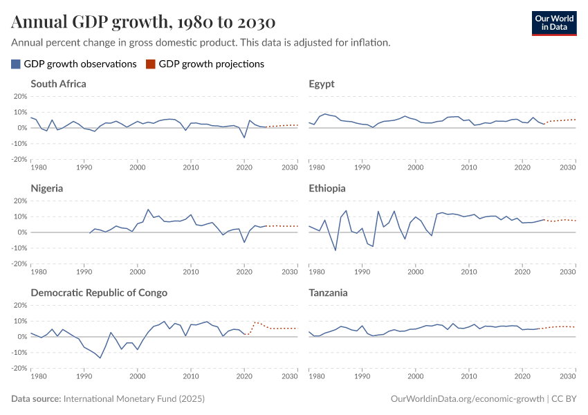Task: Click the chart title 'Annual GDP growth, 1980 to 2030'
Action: click(x=143, y=21)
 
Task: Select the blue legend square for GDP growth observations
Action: click(x=16, y=64)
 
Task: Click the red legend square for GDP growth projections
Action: click(x=151, y=64)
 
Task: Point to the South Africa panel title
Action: click(x=58, y=84)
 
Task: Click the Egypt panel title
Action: click(x=321, y=84)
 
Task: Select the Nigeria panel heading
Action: click(x=47, y=188)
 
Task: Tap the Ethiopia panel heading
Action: click(x=327, y=188)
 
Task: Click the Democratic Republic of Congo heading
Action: click(x=99, y=293)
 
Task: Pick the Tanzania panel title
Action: click(x=329, y=293)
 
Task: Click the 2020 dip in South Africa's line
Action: click(x=244, y=138)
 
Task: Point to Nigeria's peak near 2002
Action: click(x=148, y=210)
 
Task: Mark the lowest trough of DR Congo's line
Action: click(x=100, y=358)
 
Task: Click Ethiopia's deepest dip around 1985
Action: click(x=336, y=250)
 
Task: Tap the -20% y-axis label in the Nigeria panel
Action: click(x=19, y=264)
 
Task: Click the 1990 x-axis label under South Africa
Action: click(x=84, y=168)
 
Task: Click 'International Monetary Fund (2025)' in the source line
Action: click(x=134, y=399)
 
